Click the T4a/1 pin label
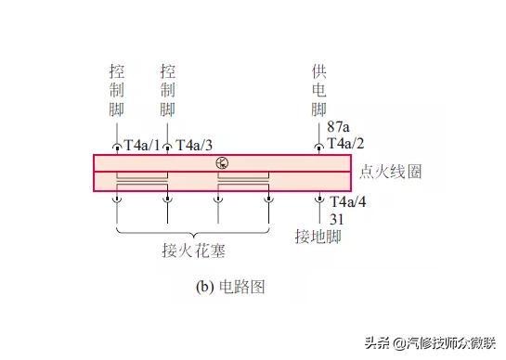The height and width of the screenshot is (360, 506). pyautogui.click(x=142, y=145)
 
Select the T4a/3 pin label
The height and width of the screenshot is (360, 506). pyautogui.click(x=194, y=145)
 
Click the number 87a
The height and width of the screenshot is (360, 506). pyautogui.click(x=338, y=128)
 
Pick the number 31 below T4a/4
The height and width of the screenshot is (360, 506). pyautogui.click(x=335, y=218)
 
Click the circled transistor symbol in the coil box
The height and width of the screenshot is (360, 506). pyautogui.click(x=221, y=163)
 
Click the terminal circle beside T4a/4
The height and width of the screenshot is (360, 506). pyautogui.click(x=320, y=199)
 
